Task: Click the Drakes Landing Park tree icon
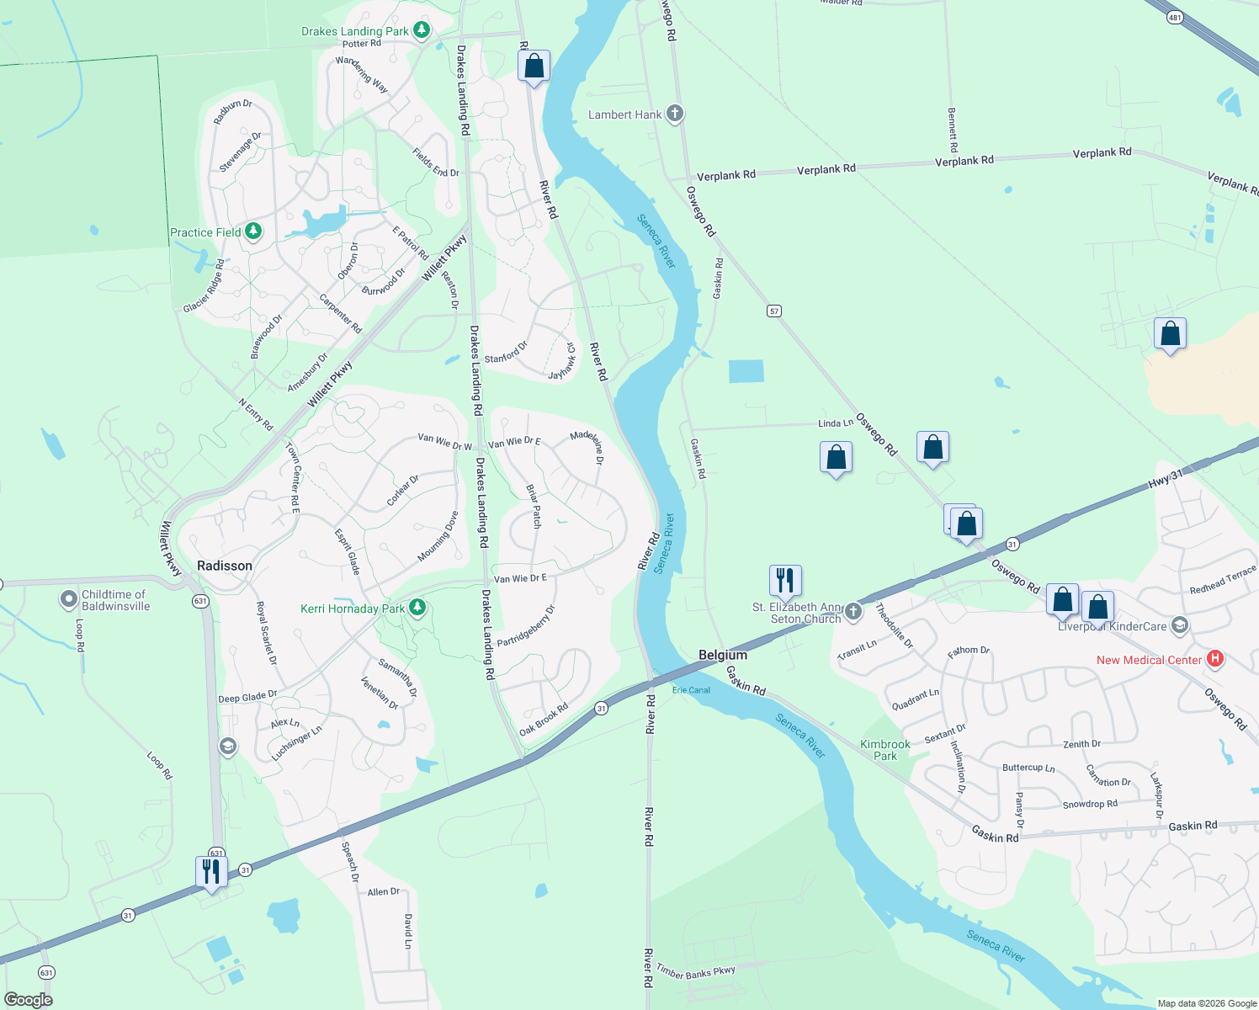pyautogui.click(x=422, y=31)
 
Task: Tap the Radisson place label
pyautogui.click(x=225, y=566)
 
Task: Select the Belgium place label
pyautogui.click(x=723, y=655)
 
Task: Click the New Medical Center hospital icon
pyautogui.click(x=1214, y=659)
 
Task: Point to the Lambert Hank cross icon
pyautogui.click(x=674, y=114)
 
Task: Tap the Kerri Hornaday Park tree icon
pyautogui.click(x=417, y=608)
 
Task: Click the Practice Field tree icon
pyautogui.click(x=252, y=231)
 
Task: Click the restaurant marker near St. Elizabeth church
pyautogui.click(x=785, y=581)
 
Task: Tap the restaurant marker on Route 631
pyautogui.click(x=211, y=872)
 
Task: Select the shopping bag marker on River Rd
pyautogui.click(x=534, y=66)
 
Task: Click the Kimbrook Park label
pyautogui.click(x=885, y=750)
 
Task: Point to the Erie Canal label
pyautogui.click(x=691, y=690)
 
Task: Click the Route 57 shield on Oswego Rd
pyautogui.click(x=774, y=311)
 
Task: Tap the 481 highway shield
pyautogui.click(x=1176, y=17)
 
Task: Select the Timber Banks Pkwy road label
pyautogui.click(x=696, y=972)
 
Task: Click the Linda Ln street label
pyautogui.click(x=836, y=423)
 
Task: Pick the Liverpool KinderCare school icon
pyautogui.click(x=1179, y=625)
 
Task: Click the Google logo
pyautogui.click(x=29, y=999)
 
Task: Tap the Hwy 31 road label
pyautogui.click(x=1166, y=480)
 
